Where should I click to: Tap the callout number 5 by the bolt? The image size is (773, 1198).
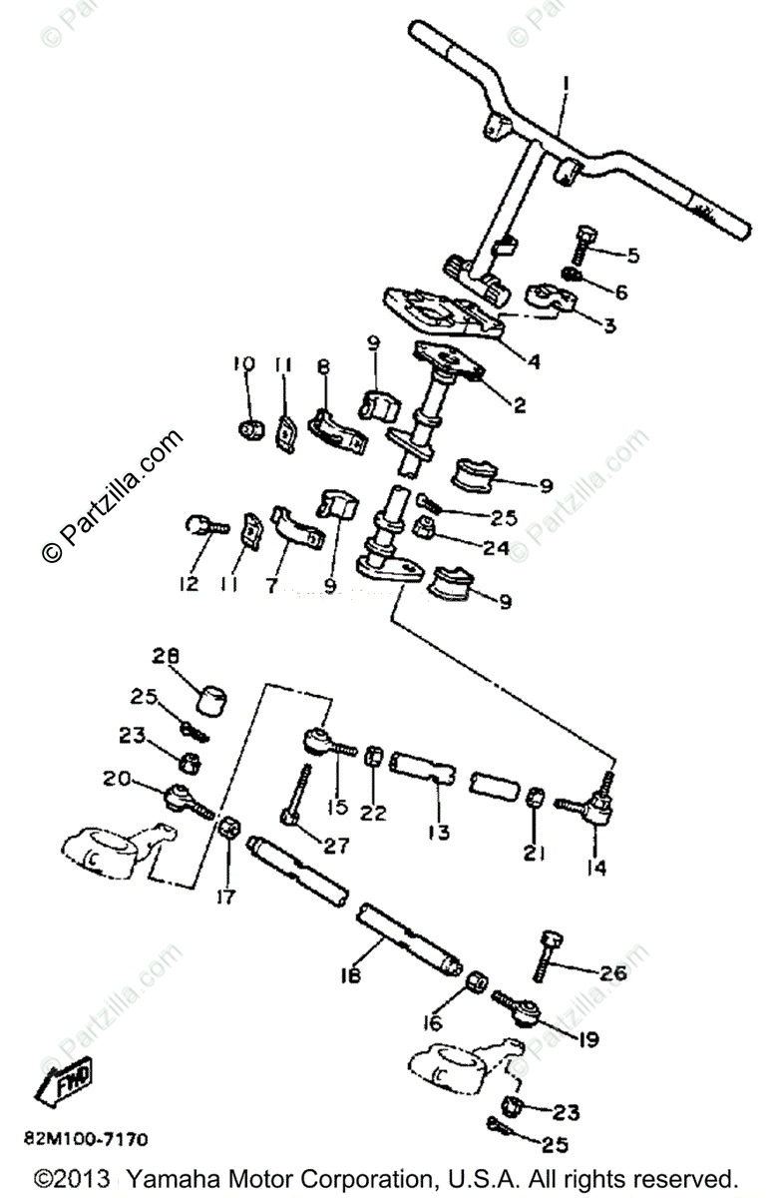631,257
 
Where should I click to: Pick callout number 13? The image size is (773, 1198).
438,832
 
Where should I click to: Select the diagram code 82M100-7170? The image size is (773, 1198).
88,1138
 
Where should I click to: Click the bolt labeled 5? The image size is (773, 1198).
585,243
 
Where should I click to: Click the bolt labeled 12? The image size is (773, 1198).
201,525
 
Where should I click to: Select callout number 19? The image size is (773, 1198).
587,1039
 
